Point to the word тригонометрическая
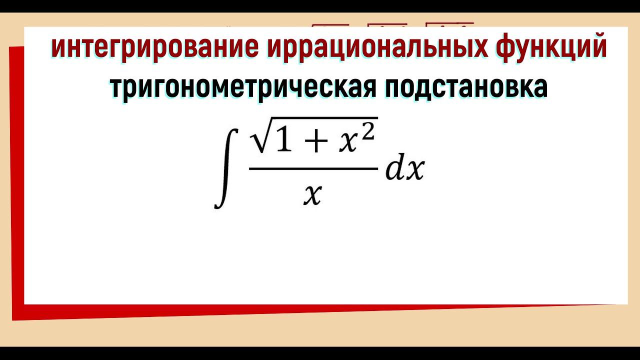(243, 87)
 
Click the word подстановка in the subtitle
(466, 87)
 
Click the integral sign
(223, 168)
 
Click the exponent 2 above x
(368, 129)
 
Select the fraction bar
(313, 169)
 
